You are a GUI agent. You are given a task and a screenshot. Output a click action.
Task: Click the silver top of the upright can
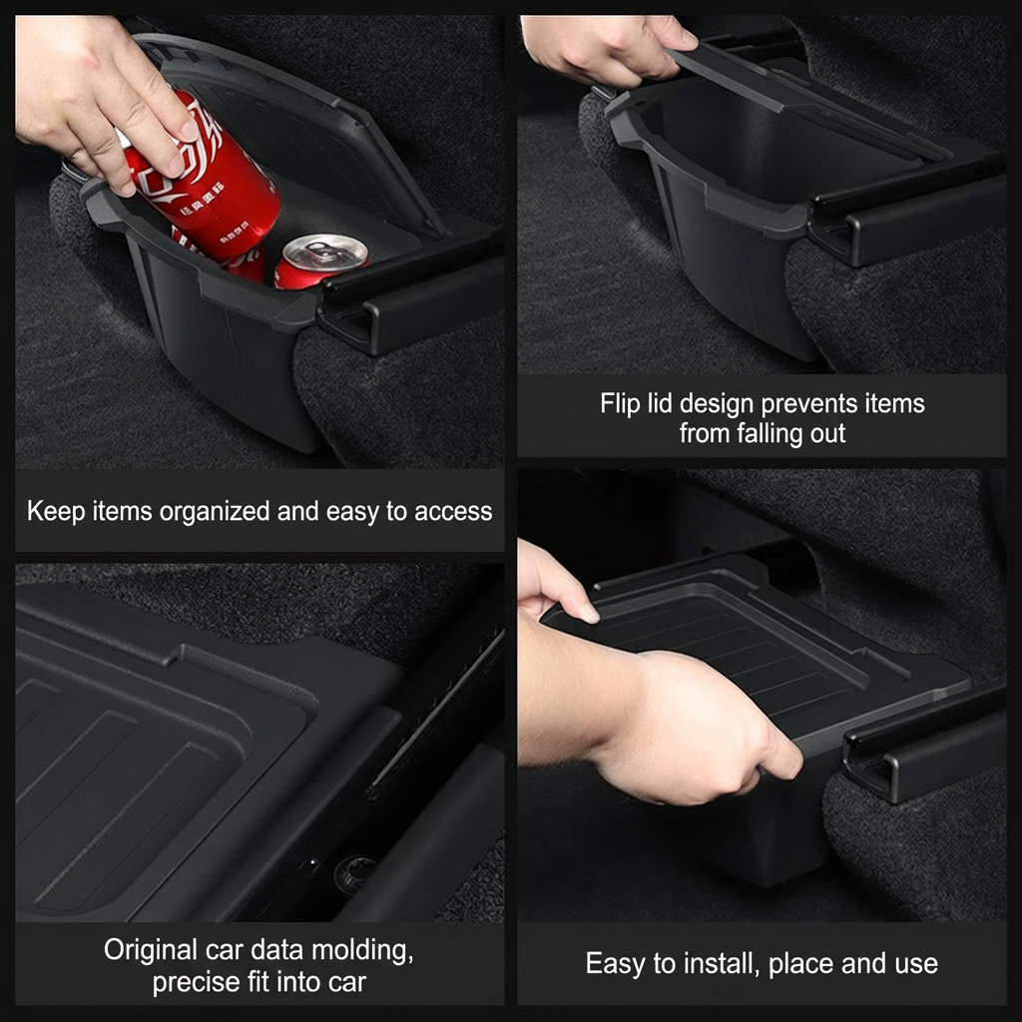[x=322, y=250]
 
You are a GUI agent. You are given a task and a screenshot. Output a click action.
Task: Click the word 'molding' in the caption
[x=354, y=950]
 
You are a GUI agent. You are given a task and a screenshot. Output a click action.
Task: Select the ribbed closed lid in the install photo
[x=759, y=639]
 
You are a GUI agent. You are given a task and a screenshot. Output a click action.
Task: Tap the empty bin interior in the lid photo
[x=759, y=150]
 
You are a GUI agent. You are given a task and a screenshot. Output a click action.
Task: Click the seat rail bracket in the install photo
[x=918, y=744]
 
